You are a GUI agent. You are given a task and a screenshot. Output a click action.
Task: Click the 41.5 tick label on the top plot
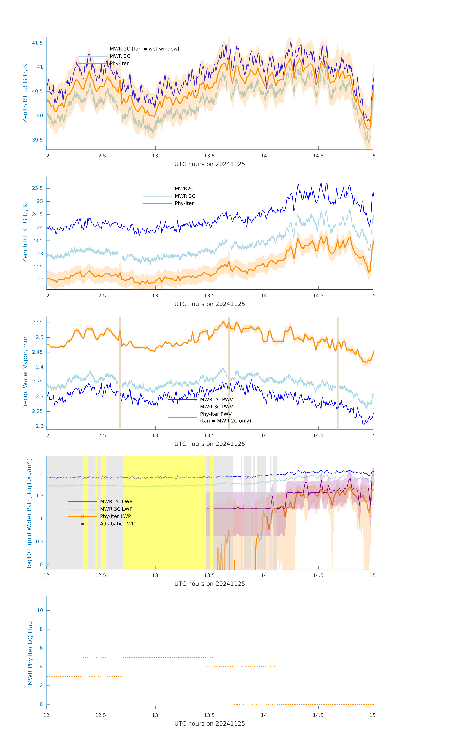point(38,43)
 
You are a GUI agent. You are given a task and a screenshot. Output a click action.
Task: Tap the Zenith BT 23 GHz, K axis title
point(25,93)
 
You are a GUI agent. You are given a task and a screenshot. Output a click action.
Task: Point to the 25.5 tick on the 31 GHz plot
point(38,188)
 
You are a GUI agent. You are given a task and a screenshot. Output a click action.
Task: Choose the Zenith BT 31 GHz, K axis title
point(25,233)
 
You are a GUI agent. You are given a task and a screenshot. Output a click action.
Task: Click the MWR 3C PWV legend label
point(216,407)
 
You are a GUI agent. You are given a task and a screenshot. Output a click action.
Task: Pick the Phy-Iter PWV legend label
point(216,414)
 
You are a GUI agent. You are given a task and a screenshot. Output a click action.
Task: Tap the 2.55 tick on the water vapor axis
point(38,323)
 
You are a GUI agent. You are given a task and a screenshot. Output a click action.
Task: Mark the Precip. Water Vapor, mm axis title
point(25,373)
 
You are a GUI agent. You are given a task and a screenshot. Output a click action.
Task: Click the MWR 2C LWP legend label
point(116,502)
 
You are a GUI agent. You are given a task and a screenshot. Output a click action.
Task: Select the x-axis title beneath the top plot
point(209,164)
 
